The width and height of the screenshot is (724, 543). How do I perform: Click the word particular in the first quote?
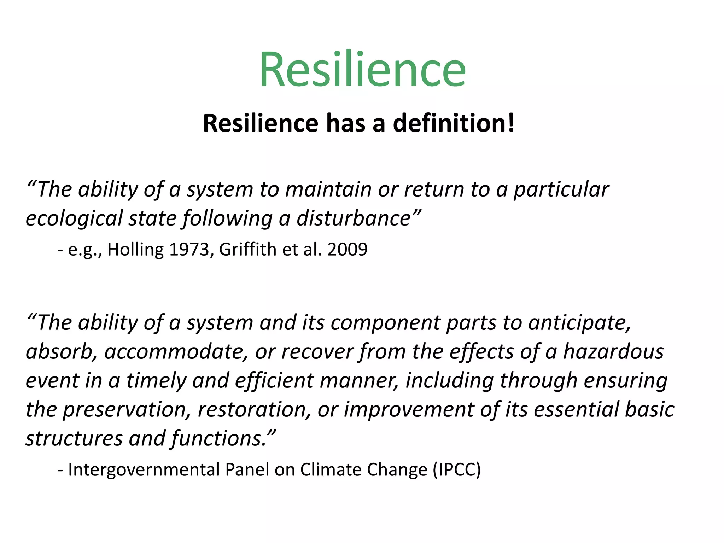pyautogui.click(x=561, y=189)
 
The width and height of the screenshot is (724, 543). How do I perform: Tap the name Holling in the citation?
pyautogui.click(x=135, y=250)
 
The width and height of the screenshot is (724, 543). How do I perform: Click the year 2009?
pyautogui.click(x=347, y=250)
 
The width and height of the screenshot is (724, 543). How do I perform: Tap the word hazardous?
pyautogui.click(x=613, y=352)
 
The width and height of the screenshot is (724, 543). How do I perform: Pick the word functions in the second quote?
pyautogui.click(x=219, y=439)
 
